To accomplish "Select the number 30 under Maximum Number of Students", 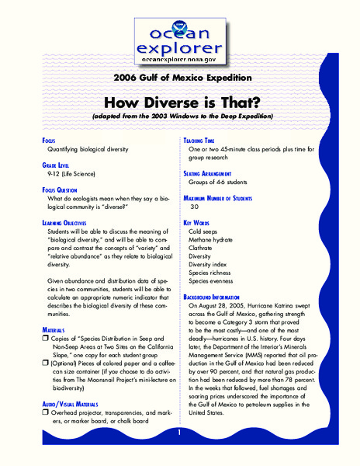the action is click(x=195, y=207).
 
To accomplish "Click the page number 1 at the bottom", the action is click(x=178, y=432).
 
